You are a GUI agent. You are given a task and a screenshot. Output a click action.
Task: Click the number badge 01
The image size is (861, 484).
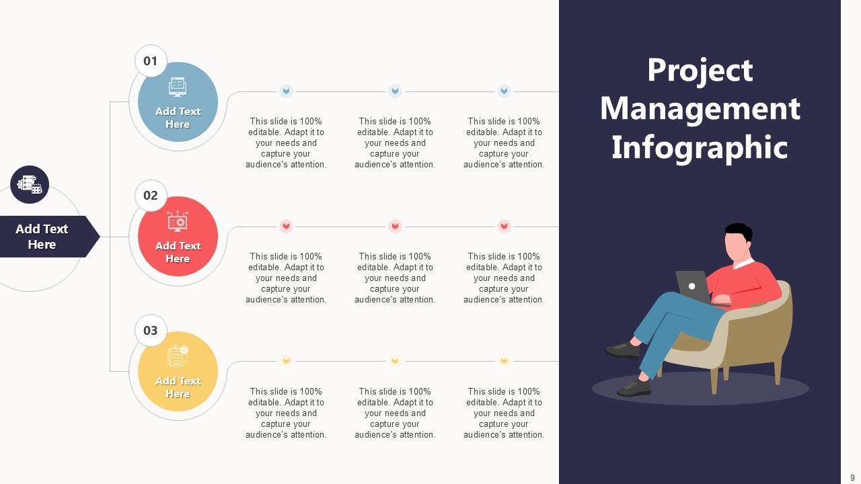coord(151,61)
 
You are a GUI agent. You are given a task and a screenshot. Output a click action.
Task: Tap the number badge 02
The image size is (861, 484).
coord(151,196)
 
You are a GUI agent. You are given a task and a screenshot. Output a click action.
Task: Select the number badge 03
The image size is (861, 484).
coord(151,331)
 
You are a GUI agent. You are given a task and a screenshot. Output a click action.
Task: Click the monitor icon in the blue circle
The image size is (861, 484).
coord(178,87)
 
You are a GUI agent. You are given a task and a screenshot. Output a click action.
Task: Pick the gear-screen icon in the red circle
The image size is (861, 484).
coord(178,221)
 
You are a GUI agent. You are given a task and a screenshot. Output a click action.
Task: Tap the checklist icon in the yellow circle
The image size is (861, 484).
coord(178,356)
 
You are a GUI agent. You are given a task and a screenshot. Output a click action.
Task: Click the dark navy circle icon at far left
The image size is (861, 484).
coord(30,184)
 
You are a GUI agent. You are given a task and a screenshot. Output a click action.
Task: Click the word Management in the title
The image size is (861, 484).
coord(700,108)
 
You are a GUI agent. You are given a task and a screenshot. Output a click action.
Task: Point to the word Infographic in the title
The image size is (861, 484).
coord(700,147)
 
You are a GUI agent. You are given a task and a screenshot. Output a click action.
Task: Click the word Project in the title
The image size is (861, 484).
coord(700,70)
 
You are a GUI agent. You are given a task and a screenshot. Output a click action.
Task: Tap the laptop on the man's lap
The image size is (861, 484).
coord(693,286)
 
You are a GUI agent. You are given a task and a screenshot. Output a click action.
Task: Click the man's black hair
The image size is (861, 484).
coord(739,231)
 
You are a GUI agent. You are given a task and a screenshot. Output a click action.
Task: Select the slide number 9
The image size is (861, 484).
coord(852,478)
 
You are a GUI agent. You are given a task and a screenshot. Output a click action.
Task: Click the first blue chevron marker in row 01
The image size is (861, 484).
coord(286,91)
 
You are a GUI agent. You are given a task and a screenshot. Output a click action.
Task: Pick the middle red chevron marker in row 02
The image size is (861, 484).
coord(395,226)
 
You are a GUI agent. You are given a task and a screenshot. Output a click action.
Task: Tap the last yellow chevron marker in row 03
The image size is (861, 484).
coord(504,361)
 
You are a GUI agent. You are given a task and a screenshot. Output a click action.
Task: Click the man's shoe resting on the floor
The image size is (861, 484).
coord(634,387)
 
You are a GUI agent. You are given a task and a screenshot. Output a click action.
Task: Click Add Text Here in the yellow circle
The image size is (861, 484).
coord(178,387)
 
